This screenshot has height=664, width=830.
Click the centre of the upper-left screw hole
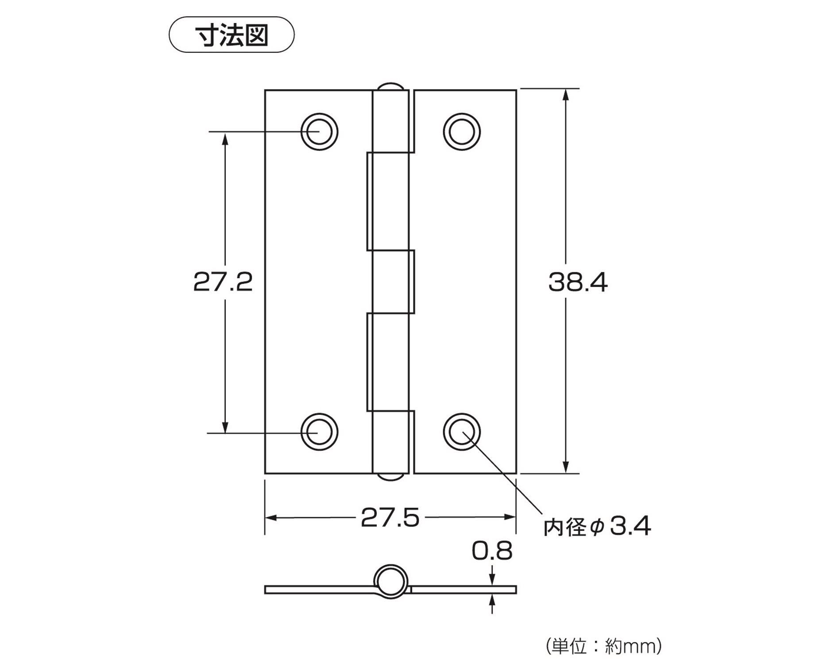point(319,132)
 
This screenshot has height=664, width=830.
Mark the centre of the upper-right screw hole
point(462,132)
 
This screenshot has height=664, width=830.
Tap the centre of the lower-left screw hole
point(319,432)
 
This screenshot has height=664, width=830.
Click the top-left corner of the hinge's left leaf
point(265,90)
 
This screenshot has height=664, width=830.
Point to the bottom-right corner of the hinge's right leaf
point(517,473)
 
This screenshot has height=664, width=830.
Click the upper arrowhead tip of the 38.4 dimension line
point(565,89)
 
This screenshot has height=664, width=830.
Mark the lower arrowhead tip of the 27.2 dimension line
point(225,432)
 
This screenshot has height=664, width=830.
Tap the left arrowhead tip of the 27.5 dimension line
point(266,517)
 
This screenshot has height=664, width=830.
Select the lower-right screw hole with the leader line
point(462,432)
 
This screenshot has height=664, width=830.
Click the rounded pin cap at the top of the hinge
point(390,86)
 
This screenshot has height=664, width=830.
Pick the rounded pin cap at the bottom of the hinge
point(390,477)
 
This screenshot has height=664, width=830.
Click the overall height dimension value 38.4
point(578,282)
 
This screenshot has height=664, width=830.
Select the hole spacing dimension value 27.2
point(223,282)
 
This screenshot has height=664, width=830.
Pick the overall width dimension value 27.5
point(390,518)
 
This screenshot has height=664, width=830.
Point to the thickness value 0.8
point(492,551)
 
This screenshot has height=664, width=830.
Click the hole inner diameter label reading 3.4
point(631,526)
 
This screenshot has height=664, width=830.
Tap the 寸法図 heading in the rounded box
point(232,35)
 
